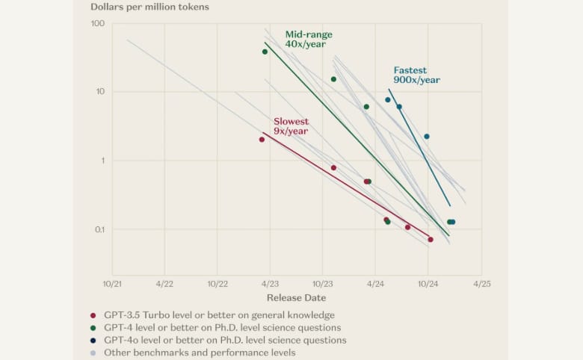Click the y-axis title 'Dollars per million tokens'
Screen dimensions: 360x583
(x=149, y=7)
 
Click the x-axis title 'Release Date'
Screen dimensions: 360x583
(x=296, y=298)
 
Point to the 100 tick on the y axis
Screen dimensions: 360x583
(x=97, y=24)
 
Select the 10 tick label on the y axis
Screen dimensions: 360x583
(x=99, y=92)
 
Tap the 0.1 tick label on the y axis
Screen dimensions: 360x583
(x=97, y=229)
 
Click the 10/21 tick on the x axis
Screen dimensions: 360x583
(x=112, y=284)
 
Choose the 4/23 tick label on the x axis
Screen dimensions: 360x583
(x=270, y=284)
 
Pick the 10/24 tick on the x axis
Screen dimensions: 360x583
(x=428, y=284)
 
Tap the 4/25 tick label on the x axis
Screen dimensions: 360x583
(x=481, y=284)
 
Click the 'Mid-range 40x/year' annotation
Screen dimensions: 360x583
(x=309, y=40)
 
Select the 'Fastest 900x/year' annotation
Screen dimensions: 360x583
(x=416, y=75)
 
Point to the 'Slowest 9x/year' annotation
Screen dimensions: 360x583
(x=291, y=126)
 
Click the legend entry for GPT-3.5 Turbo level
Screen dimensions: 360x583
(x=218, y=315)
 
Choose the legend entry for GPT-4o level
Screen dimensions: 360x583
(x=224, y=340)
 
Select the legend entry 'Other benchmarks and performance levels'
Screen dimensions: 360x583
(x=200, y=353)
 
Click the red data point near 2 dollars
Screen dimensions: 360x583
(x=262, y=140)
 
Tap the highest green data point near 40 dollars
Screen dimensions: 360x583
(x=265, y=52)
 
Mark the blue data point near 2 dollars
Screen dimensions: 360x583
(x=427, y=137)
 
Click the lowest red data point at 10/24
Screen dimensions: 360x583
(x=431, y=240)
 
